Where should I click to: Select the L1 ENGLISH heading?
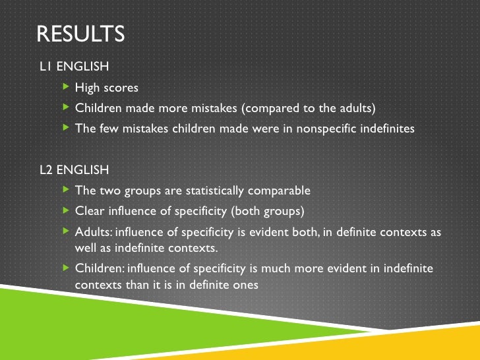(75, 67)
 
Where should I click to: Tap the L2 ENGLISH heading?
(75, 170)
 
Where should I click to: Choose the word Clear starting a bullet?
(90, 212)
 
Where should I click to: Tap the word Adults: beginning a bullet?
(94, 233)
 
